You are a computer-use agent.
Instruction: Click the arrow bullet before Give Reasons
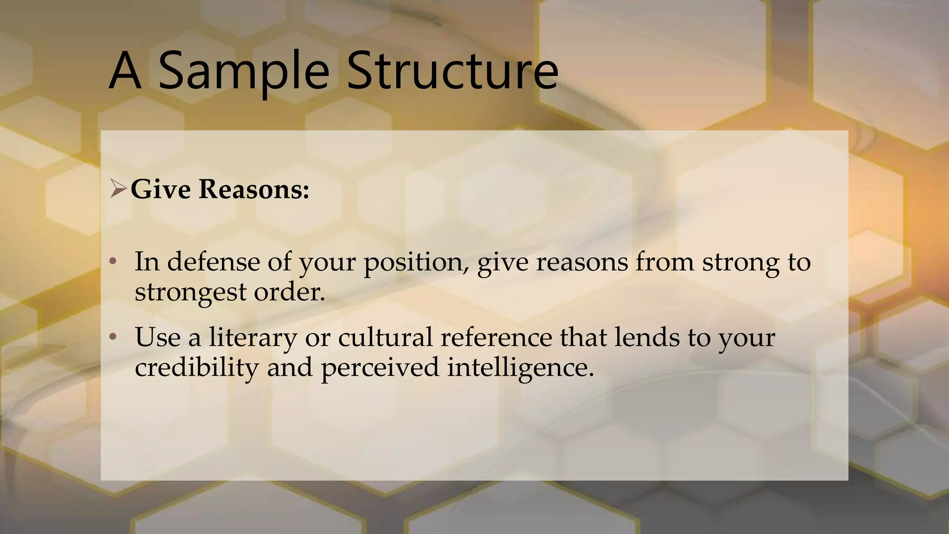(x=118, y=189)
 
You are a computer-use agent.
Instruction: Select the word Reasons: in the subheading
(x=254, y=189)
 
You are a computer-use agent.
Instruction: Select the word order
(x=289, y=292)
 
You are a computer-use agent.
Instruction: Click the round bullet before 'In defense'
(x=113, y=262)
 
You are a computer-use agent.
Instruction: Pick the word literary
(x=253, y=338)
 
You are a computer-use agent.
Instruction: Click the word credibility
(x=196, y=368)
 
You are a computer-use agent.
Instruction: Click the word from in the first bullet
(x=664, y=262)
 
